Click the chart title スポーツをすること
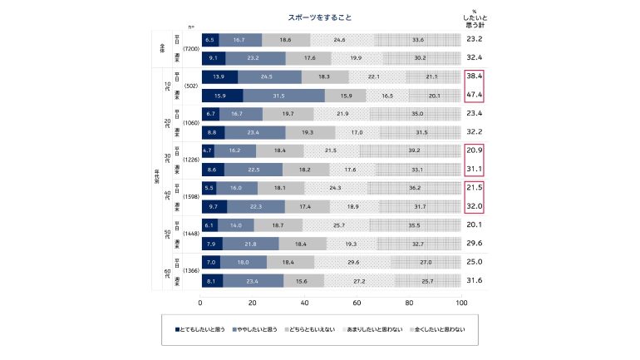pos(320,17)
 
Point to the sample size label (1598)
pos(191,197)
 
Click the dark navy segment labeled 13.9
pos(219,76)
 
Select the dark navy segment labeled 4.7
pos(208,151)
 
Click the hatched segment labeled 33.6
pos(418,39)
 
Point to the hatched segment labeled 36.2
pos(416,189)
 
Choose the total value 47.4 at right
pos(475,96)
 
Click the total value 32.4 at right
pos(475,58)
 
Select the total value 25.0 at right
pos(475,262)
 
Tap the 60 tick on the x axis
pos(357,302)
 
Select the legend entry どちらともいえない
pos(311,330)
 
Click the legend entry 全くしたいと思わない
pos(436,330)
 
